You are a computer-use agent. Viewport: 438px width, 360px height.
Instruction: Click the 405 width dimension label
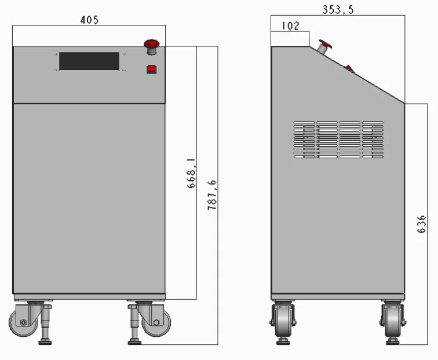click(x=89, y=20)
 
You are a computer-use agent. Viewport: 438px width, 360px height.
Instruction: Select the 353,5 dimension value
click(x=338, y=9)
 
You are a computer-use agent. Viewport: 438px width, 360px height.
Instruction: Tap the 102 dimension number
click(x=290, y=26)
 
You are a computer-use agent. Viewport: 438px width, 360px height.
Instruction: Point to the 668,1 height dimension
click(x=192, y=172)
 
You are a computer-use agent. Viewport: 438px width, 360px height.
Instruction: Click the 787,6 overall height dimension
click(x=212, y=195)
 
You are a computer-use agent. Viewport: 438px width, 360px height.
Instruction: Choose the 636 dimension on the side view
click(x=422, y=224)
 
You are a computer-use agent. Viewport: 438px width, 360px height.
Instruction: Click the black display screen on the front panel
click(x=89, y=61)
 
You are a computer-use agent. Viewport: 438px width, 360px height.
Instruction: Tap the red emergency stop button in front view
click(x=152, y=45)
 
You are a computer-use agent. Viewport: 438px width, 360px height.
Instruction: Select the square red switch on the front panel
click(x=151, y=69)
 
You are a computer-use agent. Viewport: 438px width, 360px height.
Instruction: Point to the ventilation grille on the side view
click(x=338, y=140)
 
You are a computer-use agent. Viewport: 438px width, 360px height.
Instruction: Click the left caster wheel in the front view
click(x=21, y=322)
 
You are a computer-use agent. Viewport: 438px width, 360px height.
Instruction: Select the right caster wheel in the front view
click(x=156, y=322)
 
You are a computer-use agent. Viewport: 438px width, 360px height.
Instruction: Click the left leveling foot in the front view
click(x=45, y=341)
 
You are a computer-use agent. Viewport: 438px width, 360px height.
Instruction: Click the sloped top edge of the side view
click(x=371, y=83)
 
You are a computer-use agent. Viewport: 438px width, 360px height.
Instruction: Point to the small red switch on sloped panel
click(x=349, y=69)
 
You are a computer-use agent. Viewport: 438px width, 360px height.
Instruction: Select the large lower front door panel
click(x=89, y=197)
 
